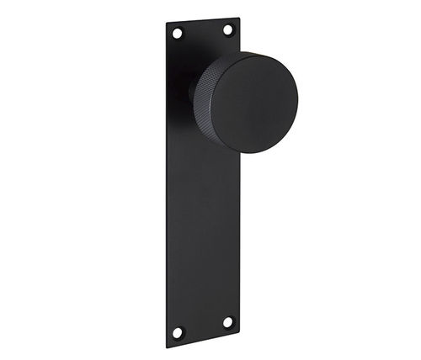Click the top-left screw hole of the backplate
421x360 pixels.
(x=177, y=33)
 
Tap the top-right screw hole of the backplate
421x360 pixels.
(x=227, y=29)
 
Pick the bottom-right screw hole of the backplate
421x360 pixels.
(x=227, y=321)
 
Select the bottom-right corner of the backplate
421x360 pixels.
(x=240, y=332)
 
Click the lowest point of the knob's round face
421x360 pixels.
(x=253, y=154)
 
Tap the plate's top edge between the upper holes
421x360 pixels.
(x=202, y=20)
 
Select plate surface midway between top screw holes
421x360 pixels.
(x=202, y=31)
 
